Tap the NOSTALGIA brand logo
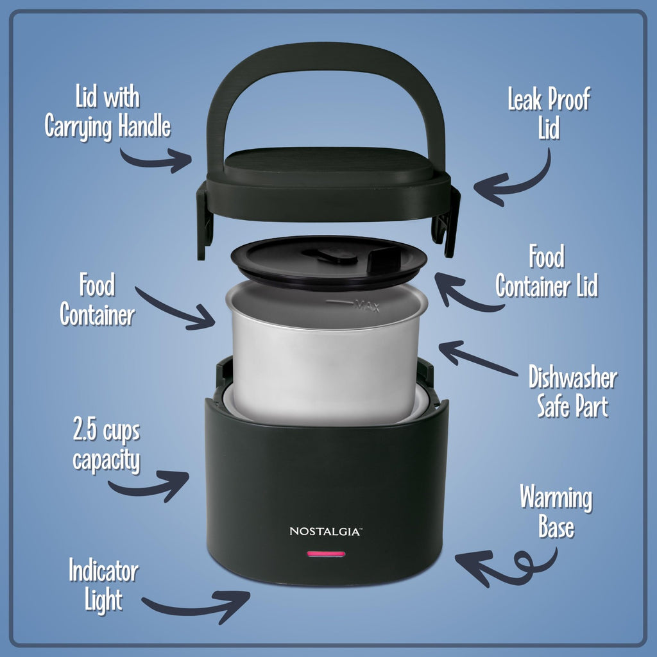tap(326, 531)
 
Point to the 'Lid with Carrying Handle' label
tap(107, 114)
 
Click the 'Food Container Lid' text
tap(547, 273)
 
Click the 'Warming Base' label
tap(556, 511)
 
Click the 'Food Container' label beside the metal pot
tap(98, 299)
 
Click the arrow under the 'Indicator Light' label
tap(196, 606)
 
